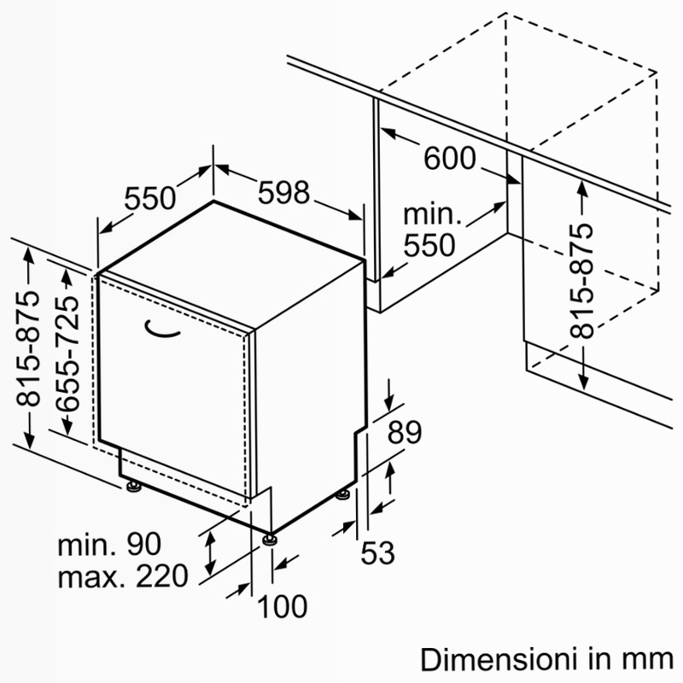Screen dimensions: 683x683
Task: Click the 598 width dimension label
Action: (283, 192)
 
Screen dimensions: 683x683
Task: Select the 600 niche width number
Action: (450, 158)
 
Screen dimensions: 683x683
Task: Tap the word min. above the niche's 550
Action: (432, 214)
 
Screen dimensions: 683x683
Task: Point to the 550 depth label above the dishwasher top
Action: (150, 198)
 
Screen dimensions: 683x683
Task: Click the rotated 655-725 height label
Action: (68, 353)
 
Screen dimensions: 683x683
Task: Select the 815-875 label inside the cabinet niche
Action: (582, 281)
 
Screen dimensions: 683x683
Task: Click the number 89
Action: (405, 432)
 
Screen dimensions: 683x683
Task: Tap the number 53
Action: (377, 552)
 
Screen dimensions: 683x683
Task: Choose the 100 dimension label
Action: (283, 606)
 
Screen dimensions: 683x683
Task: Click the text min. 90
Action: (109, 544)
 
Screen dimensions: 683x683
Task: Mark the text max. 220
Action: (123, 575)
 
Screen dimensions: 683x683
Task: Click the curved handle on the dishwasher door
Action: (161, 330)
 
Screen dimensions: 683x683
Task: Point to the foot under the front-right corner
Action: (270, 539)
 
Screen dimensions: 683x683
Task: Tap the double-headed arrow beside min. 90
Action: (211, 553)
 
